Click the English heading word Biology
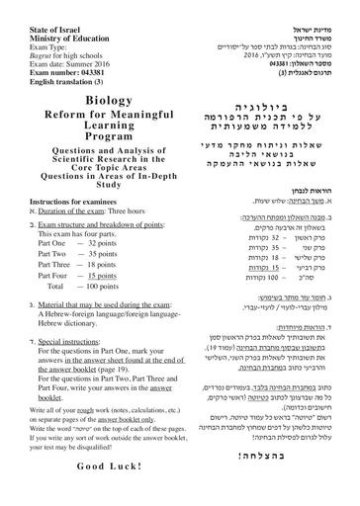[x=88, y=101]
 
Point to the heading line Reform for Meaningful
[x=88, y=117]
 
